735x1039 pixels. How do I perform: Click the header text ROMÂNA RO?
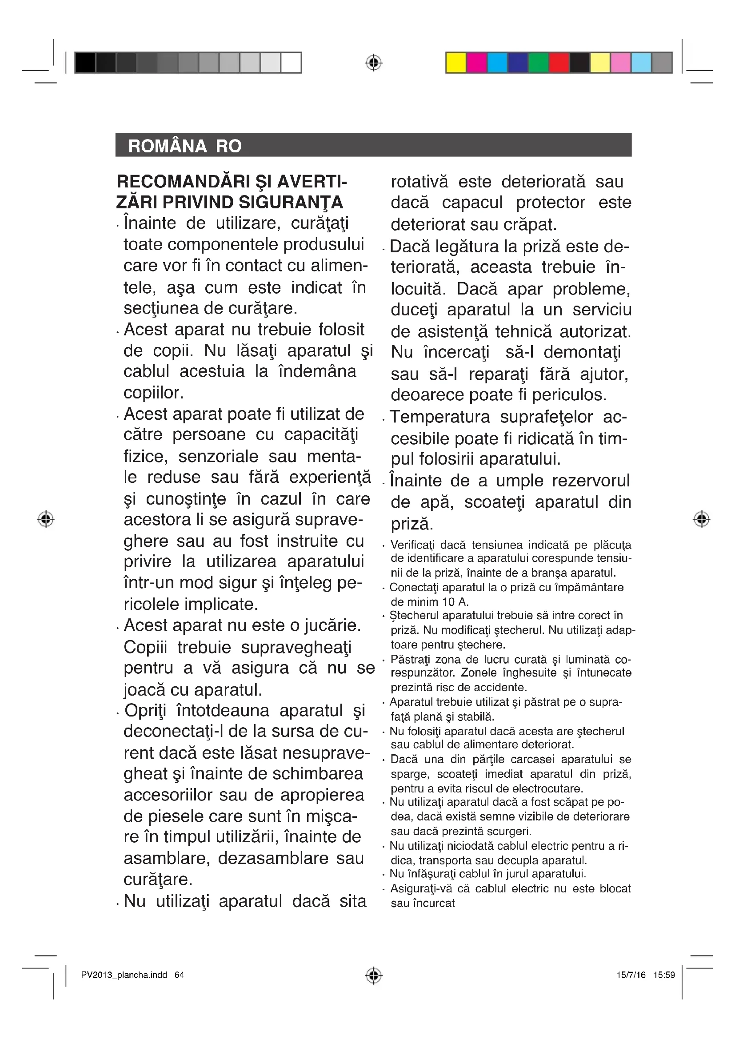coord(185,146)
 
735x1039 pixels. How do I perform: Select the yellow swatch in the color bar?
coord(456,63)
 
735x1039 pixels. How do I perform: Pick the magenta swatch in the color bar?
coord(476,63)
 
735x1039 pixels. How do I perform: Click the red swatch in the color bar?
coord(559,63)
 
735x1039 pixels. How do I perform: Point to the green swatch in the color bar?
coord(539,63)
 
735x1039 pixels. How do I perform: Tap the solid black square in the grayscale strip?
coord(85,63)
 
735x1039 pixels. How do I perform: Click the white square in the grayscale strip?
coord(291,63)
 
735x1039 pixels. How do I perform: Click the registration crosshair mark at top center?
coord(373,63)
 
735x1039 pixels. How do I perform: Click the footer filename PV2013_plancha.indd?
coord(124,975)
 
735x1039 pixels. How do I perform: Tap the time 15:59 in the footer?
coord(664,975)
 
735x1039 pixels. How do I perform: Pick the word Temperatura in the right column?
coord(439,417)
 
